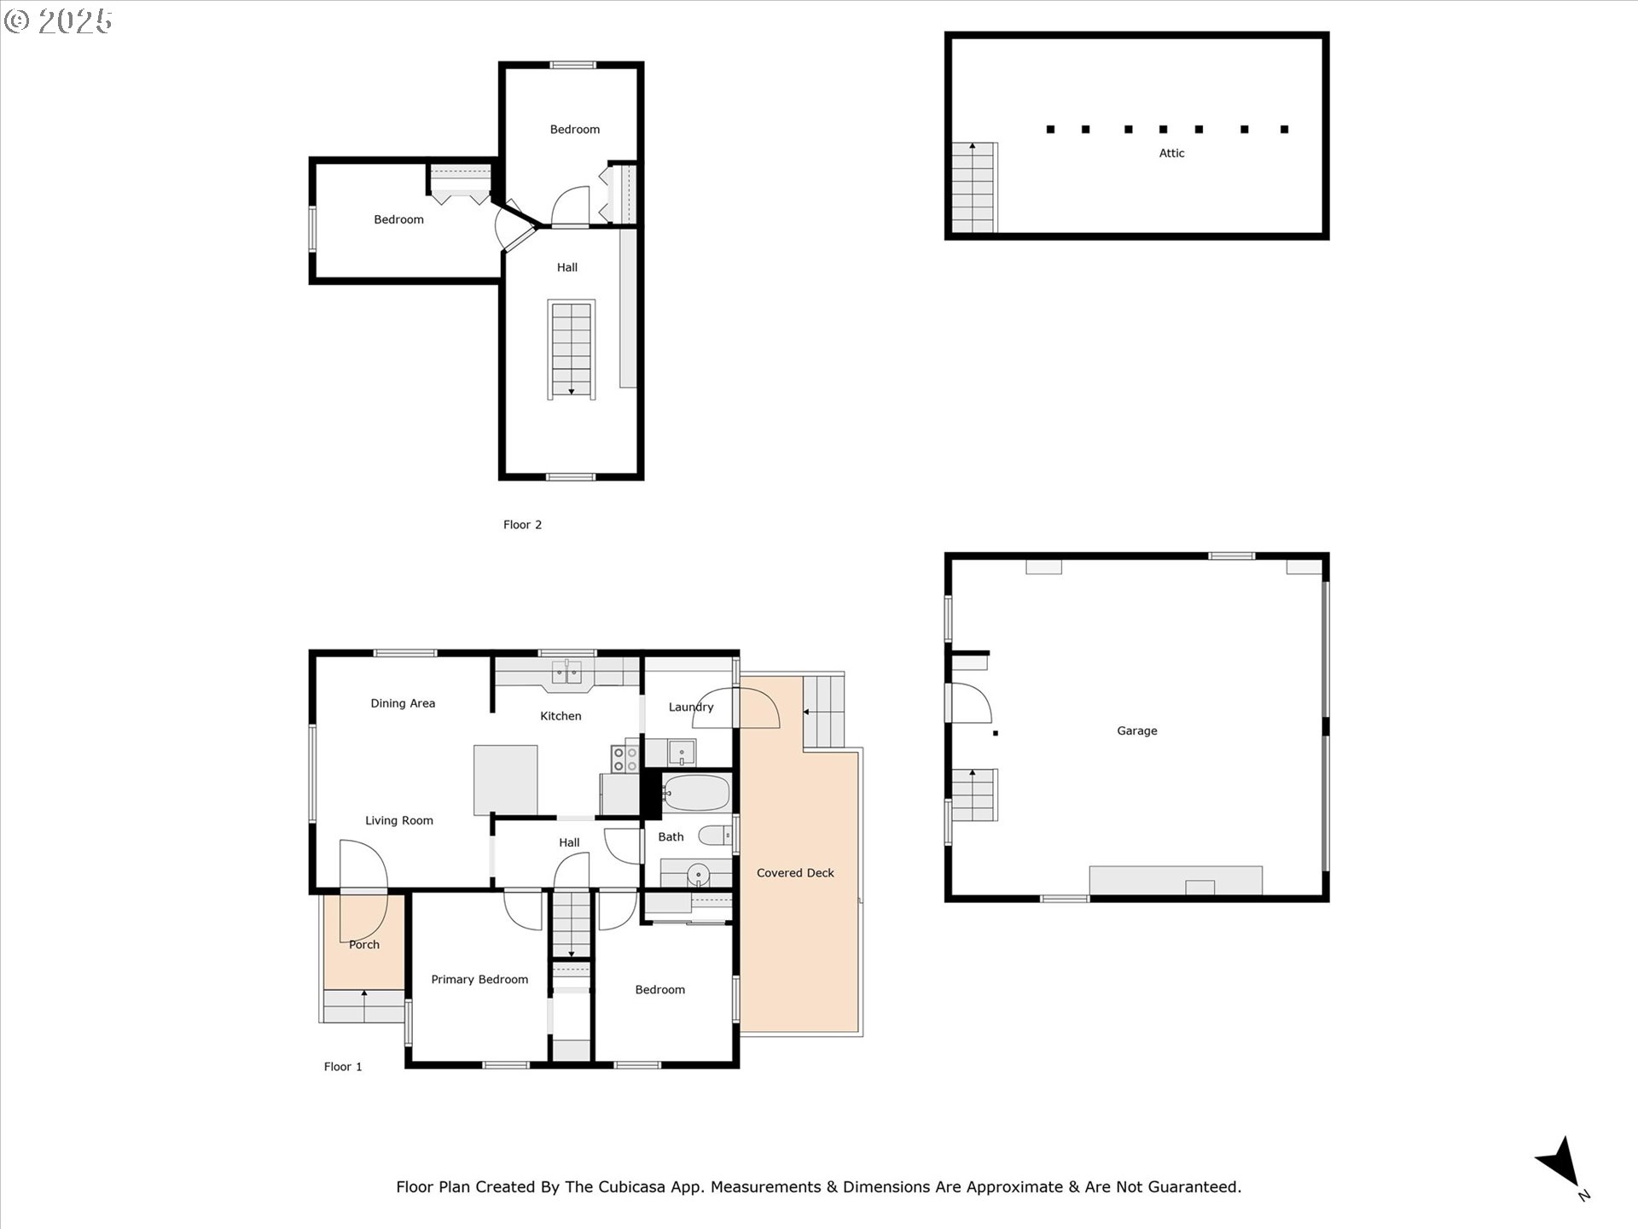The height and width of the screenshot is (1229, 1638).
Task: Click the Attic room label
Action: tap(1171, 154)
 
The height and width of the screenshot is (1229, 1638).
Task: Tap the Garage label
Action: tap(1137, 731)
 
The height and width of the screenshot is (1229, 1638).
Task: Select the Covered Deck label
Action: tap(795, 873)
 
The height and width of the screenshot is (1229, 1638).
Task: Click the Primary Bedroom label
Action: tap(479, 980)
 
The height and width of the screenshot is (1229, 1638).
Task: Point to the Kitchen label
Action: tap(561, 716)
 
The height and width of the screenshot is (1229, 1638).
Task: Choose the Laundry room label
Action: tap(691, 707)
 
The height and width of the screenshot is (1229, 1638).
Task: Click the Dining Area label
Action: tap(403, 703)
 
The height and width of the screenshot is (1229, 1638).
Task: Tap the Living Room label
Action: tap(399, 821)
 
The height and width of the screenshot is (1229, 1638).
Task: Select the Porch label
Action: tap(364, 945)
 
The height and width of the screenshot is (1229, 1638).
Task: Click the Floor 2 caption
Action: tap(522, 525)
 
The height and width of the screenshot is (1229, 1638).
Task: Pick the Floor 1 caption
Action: tap(343, 1067)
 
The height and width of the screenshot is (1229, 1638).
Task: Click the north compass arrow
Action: tap(1561, 1165)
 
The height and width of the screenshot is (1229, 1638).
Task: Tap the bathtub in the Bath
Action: tap(697, 793)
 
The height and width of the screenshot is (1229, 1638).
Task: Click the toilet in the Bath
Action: tap(714, 835)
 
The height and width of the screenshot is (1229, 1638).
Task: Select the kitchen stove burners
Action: tap(625, 760)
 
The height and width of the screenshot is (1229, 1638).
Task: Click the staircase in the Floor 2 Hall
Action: tap(572, 349)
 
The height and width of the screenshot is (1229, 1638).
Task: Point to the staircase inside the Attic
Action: tap(973, 188)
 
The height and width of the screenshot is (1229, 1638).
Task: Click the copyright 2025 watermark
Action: tap(58, 21)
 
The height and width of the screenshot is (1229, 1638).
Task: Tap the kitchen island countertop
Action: tap(506, 779)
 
